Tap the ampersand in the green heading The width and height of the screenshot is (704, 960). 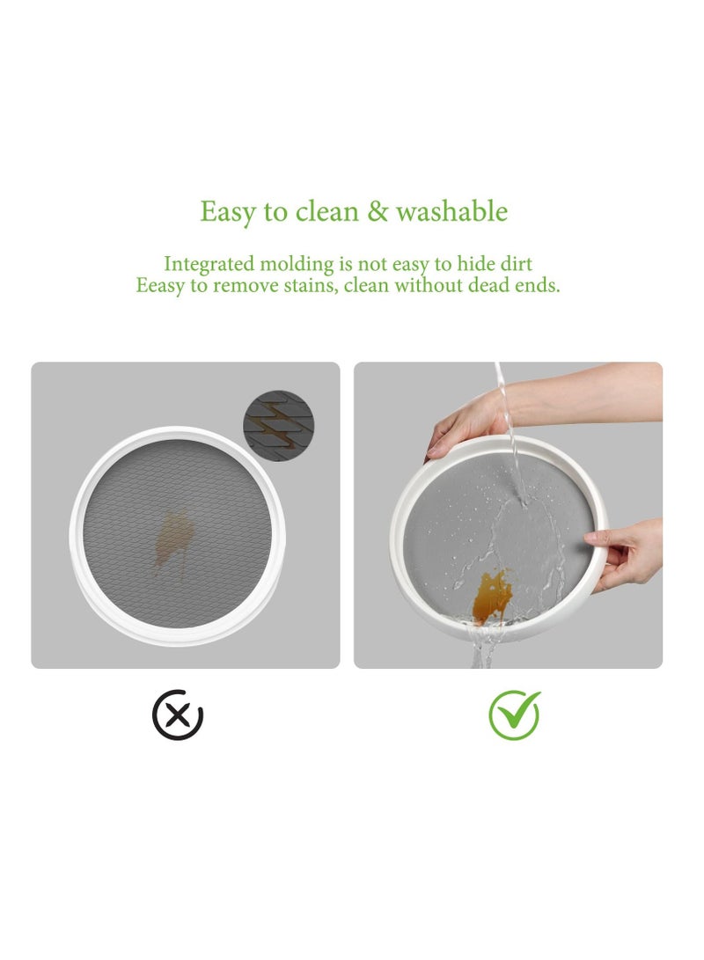click(x=376, y=212)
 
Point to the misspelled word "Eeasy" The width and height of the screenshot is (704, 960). click(x=160, y=286)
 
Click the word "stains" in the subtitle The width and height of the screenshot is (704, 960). click(x=304, y=286)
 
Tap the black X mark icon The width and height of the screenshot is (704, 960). click(x=178, y=715)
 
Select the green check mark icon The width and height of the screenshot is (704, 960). click(x=515, y=714)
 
